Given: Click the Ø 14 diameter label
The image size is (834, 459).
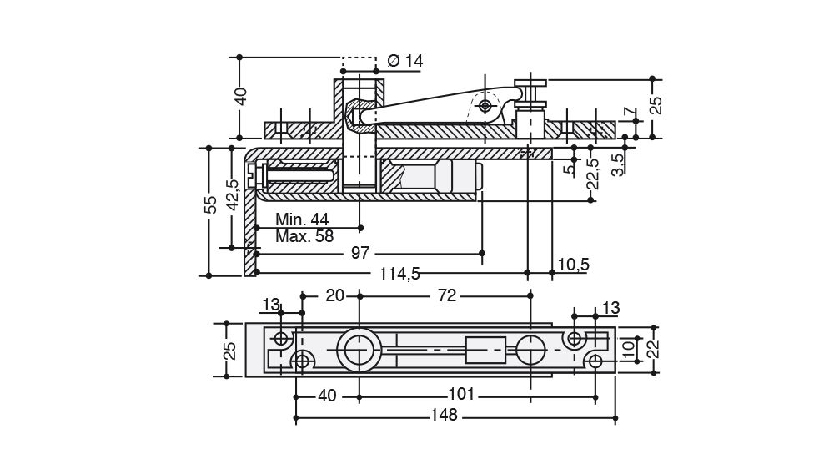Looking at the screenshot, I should pyautogui.click(x=405, y=61).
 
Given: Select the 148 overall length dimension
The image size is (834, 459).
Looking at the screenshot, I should pyautogui.click(x=446, y=416).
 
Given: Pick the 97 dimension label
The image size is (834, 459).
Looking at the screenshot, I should pyautogui.click(x=359, y=252).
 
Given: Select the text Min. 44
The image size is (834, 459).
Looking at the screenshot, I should pyautogui.click(x=302, y=219).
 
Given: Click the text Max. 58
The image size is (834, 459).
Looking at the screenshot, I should pyautogui.click(x=304, y=236).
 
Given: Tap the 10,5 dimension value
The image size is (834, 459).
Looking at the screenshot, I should pyautogui.click(x=573, y=265).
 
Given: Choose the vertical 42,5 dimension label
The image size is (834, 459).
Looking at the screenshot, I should pyautogui.click(x=233, y=197).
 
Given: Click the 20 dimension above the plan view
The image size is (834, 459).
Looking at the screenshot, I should pyautogui.click(x=334, y=295).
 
